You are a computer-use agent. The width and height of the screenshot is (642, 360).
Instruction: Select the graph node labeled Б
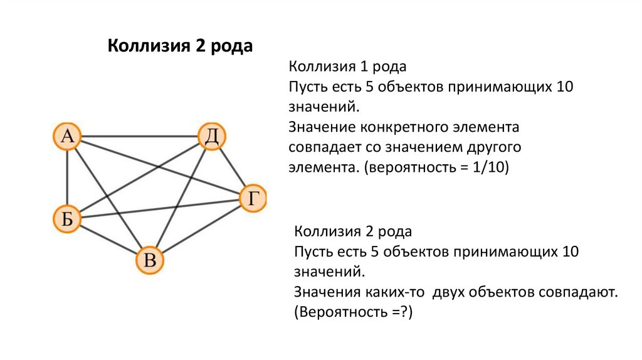(x=67, y=219)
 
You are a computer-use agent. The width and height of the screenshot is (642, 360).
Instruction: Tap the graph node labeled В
(x=150, y=259)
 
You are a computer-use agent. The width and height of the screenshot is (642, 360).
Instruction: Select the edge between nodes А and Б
(x=67, y=177)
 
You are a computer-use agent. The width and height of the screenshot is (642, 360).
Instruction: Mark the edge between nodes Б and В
(x=108, y=239)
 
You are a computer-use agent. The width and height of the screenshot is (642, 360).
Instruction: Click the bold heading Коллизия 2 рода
(x=181, y=47)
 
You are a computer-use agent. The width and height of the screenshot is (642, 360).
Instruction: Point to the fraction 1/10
(x=492, y=168)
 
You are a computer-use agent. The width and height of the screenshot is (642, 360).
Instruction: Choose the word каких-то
(x=390, y=292)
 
